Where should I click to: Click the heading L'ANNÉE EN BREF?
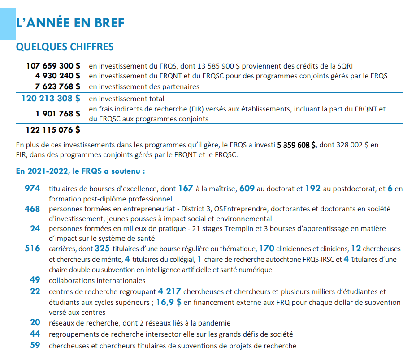70,23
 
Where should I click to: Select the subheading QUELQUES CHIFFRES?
65,47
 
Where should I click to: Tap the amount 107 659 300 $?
53,66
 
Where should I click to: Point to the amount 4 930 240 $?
57,76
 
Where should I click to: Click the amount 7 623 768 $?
57,86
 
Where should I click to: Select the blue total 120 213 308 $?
51,99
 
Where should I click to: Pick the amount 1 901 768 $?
58,114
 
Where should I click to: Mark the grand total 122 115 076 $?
53,130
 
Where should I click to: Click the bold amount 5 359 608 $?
296,145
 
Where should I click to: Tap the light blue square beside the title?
8,24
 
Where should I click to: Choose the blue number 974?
32,188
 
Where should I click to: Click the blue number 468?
32,209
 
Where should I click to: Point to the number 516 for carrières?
32,249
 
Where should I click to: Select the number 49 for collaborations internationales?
35,280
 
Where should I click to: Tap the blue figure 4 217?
169,291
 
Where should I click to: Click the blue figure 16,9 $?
169,302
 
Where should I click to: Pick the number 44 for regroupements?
35,334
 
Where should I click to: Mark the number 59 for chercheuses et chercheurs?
35,345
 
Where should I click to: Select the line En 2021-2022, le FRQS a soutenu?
80,171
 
